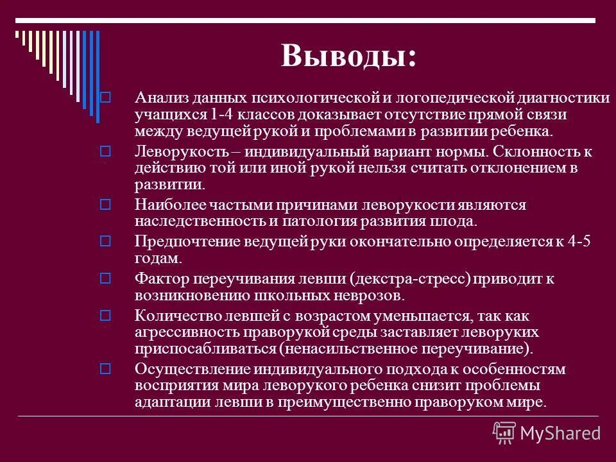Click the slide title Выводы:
348,56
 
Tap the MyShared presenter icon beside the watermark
504,433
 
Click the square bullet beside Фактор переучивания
106,279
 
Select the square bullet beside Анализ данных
106,98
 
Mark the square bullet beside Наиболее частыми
106,205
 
